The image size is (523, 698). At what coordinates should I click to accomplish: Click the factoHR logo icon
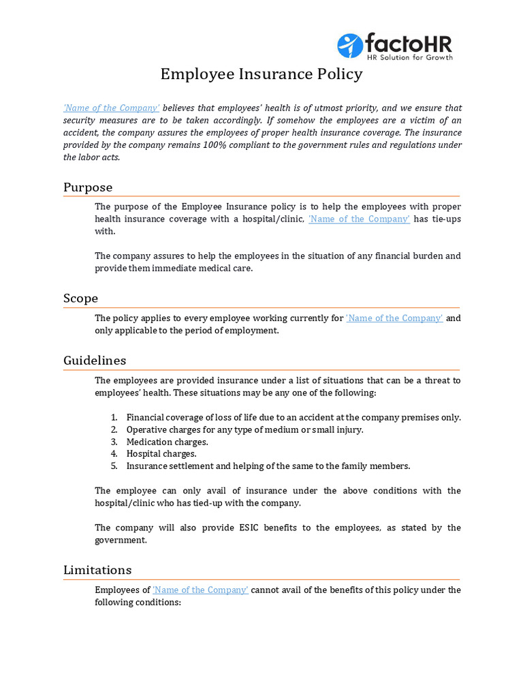point(350,46)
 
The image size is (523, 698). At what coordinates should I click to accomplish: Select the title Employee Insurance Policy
point(261,74)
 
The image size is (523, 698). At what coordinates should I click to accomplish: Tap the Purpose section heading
point(88,187)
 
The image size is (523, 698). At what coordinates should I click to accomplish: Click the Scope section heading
point(80,299)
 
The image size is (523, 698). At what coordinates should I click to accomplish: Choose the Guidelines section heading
point(95,361)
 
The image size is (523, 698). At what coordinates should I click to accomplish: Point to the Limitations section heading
point(97,570)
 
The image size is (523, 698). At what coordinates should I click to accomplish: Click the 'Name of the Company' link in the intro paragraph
point(112,108)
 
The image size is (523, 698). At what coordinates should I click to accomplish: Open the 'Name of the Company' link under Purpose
point(359,219)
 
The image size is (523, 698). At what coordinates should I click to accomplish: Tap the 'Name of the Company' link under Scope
point(394,318)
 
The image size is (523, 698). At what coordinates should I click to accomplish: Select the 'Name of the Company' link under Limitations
point(200,590)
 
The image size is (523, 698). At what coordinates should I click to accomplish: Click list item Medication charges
point(167,442)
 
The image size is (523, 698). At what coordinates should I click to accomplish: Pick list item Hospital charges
point(161,454)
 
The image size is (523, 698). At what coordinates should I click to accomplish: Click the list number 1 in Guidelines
point(114,417)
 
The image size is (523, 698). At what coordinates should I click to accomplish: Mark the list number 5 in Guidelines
point(114,466)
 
